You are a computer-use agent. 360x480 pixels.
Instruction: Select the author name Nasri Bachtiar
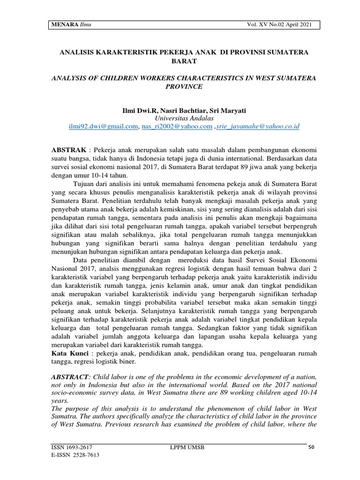click(183, 110)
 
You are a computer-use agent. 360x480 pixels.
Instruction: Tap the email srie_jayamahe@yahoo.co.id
click(258, 127)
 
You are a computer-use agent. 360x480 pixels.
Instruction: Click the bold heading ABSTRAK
click(68, 150)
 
